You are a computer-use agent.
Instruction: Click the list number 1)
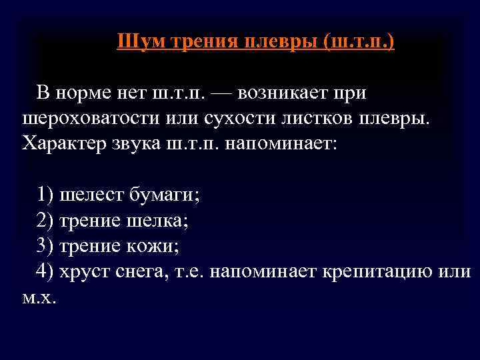[x=46, y=195]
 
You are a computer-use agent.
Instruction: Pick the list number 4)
[x=46, y=271]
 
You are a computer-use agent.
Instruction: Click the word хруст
[x=84, y=271]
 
